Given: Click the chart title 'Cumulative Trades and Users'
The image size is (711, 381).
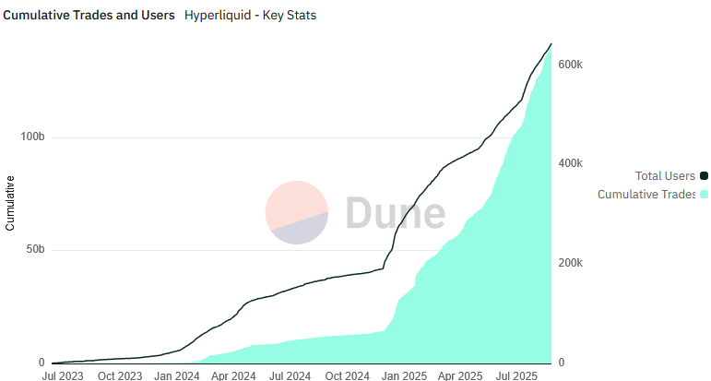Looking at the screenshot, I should [x=89, y=16].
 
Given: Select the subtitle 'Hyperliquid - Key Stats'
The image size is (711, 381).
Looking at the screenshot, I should [x=250, y=16].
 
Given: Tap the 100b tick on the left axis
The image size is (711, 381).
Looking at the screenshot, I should [x=32, y=137].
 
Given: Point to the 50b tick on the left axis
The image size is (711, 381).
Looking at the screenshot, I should [x=35, y=250].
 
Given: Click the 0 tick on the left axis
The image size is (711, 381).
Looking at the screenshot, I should [x=41, y=363].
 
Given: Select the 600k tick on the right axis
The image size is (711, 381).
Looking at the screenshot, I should [x=571, y=65].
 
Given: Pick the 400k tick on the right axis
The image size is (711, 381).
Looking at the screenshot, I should [x=571, y=163].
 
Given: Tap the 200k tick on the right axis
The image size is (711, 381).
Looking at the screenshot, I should [x=571, y=263].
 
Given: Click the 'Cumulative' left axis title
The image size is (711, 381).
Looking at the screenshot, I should [x=10, y=203].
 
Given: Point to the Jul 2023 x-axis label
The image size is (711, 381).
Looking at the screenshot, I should [x=63, y=375].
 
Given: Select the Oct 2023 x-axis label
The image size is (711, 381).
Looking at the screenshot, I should [x=120, y=375].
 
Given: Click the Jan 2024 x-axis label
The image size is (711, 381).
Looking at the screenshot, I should [x=176, y=375].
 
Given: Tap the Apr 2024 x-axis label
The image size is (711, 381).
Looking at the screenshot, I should [x=232, y=375].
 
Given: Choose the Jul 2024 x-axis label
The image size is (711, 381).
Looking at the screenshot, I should [x=290, y=375].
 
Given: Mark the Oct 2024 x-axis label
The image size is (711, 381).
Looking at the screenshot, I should [x=347, y=375].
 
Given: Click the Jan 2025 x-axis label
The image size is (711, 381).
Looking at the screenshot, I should [x=403, y=375].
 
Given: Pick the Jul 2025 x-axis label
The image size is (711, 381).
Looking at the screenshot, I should [x=516, y=375].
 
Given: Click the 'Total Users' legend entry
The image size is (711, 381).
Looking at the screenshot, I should [x=664, y=175].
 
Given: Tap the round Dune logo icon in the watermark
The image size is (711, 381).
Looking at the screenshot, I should [x=297, y=212].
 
